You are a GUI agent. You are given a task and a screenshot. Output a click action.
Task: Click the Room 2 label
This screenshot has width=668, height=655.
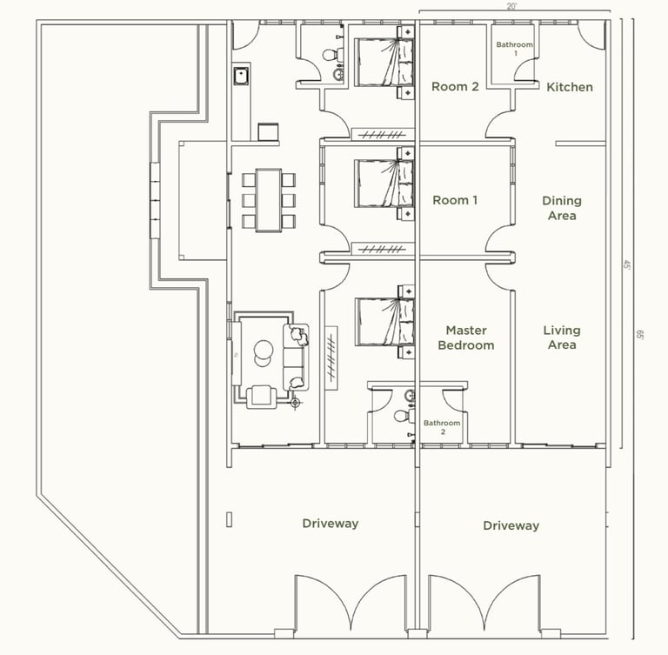click(455, 86)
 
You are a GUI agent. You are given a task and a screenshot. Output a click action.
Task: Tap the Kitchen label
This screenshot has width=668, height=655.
click(570, 87)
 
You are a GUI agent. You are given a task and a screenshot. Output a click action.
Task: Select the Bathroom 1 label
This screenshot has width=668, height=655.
click(515, 49)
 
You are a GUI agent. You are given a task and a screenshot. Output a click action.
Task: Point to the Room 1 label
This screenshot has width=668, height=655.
click(455, 200)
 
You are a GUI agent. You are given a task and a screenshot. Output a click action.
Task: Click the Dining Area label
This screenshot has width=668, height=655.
click(562, 208)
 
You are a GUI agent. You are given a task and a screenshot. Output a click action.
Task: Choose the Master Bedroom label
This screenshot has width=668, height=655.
click(466, 338)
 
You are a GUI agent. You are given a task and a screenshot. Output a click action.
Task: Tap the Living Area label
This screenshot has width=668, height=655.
click(562, 338)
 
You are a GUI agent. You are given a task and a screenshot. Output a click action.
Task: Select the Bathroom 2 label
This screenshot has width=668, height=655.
click(442, 427)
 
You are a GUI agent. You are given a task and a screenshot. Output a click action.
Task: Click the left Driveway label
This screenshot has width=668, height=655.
click(331, 524)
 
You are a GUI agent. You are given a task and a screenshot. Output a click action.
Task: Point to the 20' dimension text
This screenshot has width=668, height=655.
click(511, 7)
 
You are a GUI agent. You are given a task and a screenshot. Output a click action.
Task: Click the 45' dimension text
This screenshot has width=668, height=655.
click(626, 265)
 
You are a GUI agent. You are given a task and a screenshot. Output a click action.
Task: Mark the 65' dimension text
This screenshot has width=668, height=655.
click(639, 335)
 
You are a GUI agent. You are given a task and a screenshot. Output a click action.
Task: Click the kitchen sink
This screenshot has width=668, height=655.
click(241, 76)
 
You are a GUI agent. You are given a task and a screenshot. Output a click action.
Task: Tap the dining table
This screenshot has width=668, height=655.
click(269, 200)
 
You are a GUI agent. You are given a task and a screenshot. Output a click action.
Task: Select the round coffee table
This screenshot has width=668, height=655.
click(264, 353)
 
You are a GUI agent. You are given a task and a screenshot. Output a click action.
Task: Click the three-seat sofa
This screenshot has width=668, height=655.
click(296, 358)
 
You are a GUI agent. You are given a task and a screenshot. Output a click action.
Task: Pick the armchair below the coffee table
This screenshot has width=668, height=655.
click(262, 397)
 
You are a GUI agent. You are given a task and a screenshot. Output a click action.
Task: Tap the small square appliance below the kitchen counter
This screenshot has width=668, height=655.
click(268, 131)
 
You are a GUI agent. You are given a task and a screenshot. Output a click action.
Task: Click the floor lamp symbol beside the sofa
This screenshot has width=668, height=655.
click(295, 402)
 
